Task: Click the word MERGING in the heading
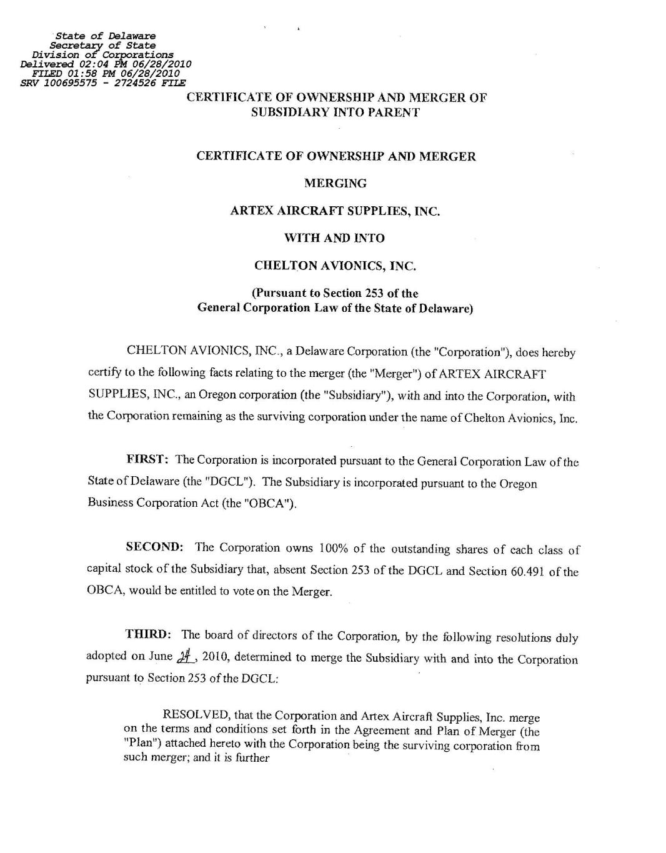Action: [x=335, y=184]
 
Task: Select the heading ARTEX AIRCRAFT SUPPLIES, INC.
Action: [x=335, y=211]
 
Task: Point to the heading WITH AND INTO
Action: [x=335, y=238]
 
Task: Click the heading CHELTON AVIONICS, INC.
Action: [x=335, y=266]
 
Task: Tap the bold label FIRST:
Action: [x=147, y=460]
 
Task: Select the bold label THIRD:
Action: [x=149, y=635]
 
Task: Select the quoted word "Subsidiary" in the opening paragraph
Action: [x=354, y=396]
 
